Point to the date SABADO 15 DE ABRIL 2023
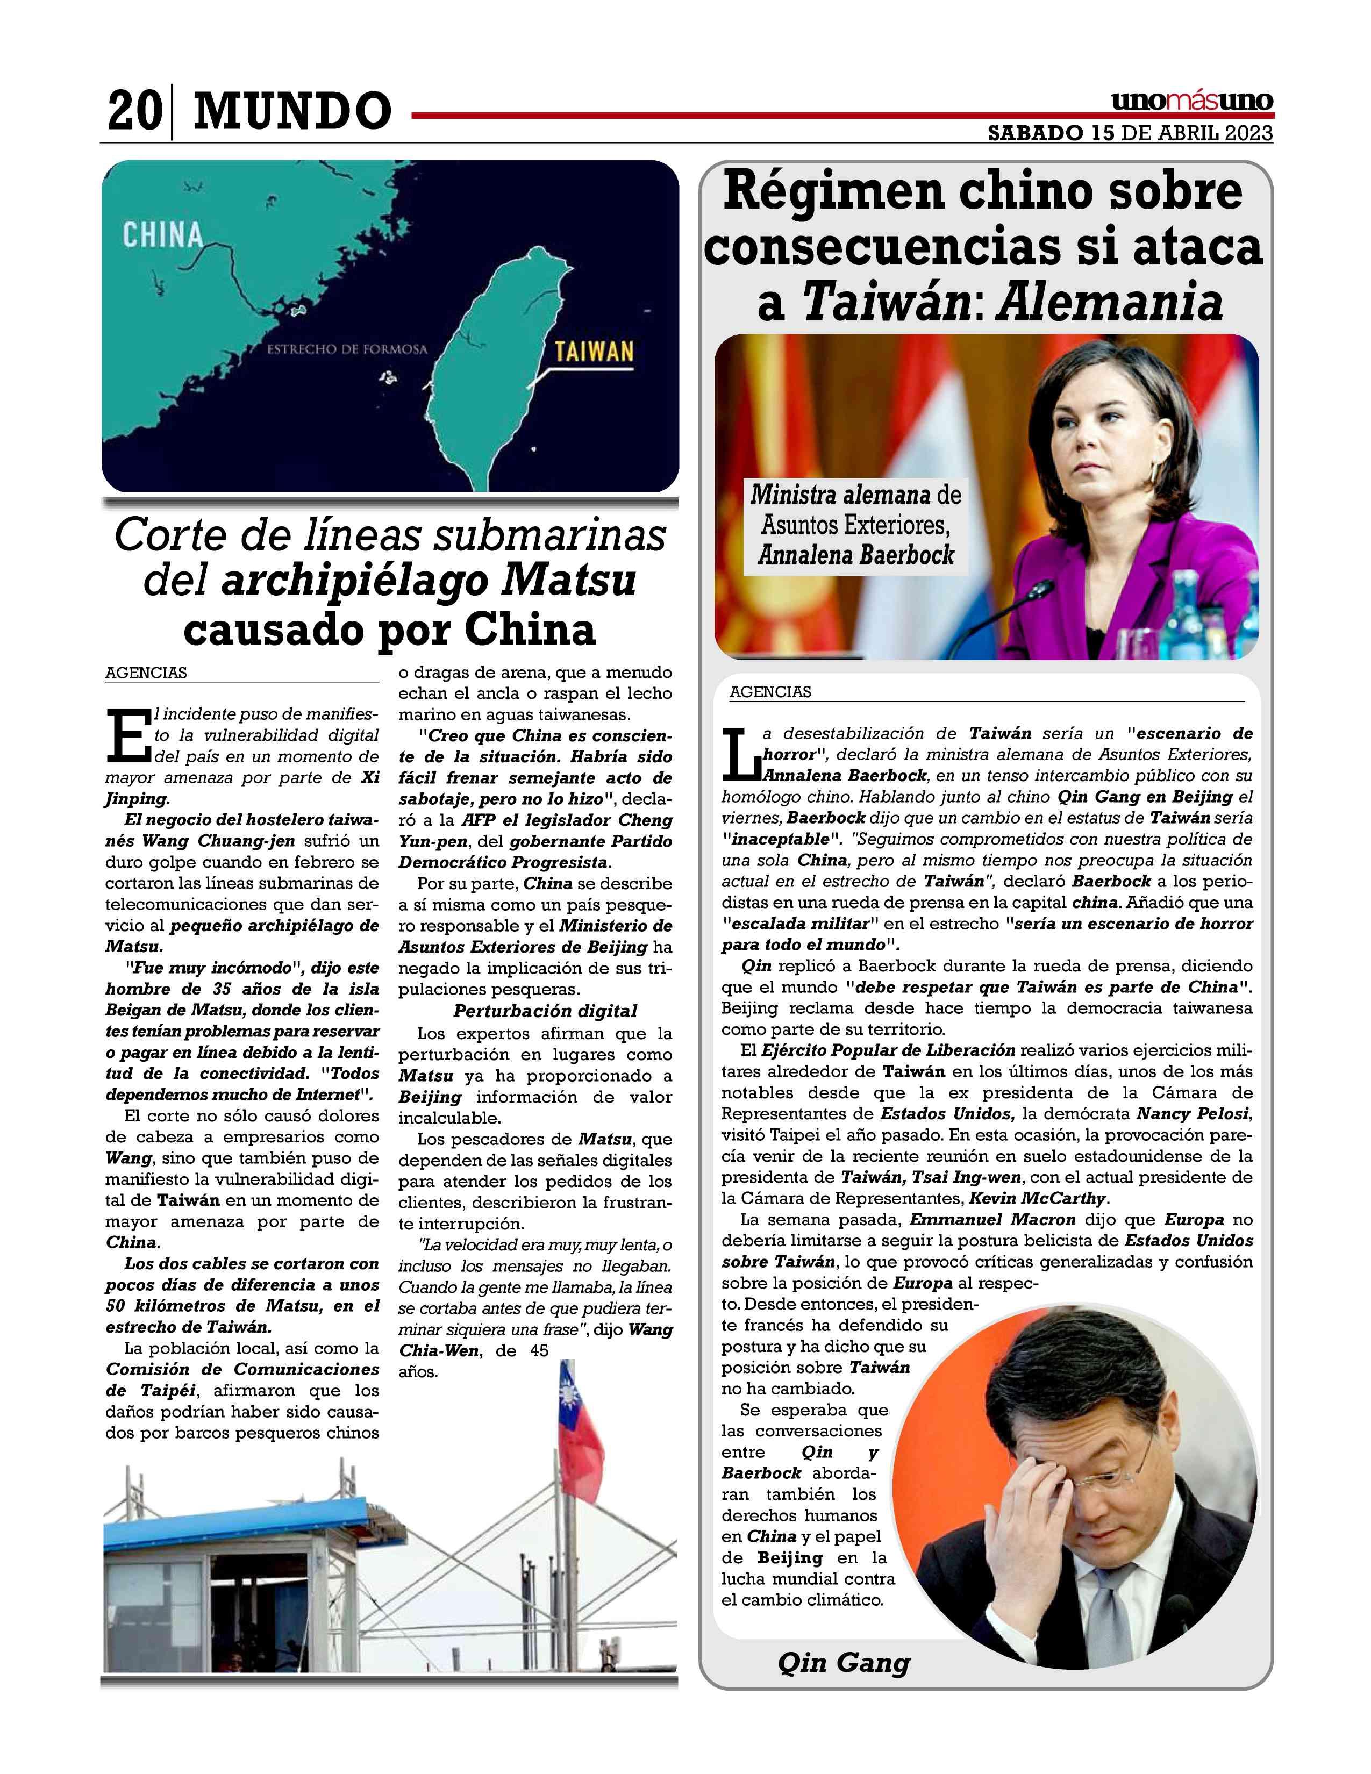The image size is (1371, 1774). (x=1130, y=133)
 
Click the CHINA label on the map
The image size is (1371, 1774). (x=162, y=235)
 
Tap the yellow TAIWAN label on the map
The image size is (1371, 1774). (x=594, y=352)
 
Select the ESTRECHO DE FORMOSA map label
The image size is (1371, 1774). (x=347, y=349)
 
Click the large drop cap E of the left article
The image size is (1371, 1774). (x=127, y=734)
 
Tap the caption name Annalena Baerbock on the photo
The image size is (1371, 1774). (x=855, y=556)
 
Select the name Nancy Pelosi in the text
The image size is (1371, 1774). (x=1193, y=1114)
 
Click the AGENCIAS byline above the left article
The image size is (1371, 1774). (x=146, y=673)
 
